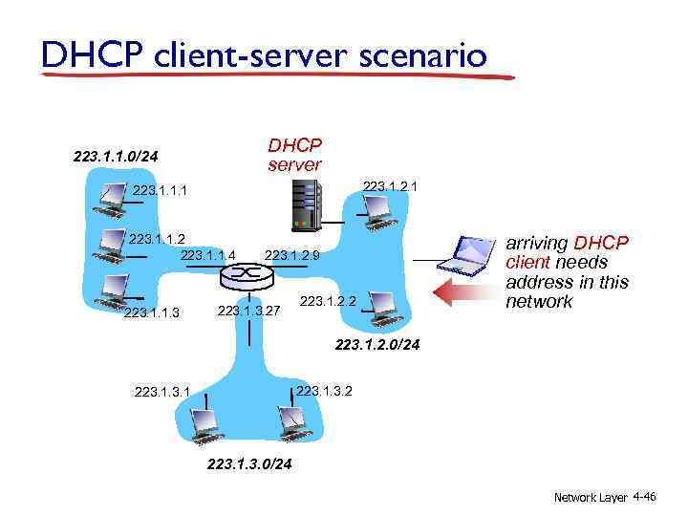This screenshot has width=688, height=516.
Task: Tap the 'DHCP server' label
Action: point(294,155)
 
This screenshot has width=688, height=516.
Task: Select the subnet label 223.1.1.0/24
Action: point(115,156)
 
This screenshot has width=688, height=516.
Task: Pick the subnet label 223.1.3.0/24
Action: point(249,465)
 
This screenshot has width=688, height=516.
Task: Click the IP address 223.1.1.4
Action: point(207,255)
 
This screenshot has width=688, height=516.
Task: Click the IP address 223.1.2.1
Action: point(389,186)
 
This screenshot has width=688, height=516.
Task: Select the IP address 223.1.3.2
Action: point(325,390)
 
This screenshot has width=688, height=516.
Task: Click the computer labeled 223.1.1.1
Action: point(108,199)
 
